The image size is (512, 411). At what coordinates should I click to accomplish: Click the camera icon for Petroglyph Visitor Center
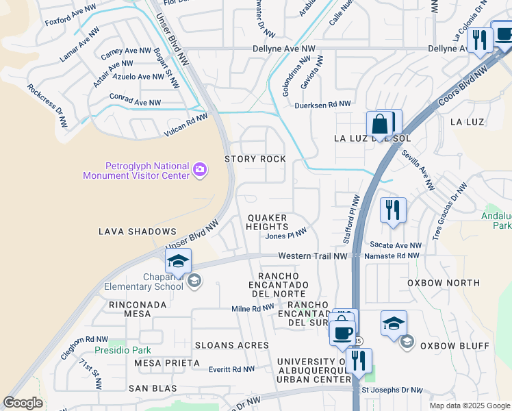199,169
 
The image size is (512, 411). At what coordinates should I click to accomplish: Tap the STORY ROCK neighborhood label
255,159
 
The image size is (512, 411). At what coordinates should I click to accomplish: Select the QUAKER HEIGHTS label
267,222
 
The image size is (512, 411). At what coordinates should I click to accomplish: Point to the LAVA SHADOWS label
137,232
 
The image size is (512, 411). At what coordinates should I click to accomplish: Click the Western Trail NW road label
313,256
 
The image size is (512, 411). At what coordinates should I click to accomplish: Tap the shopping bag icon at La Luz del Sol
379,125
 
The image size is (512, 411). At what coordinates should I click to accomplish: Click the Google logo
23,403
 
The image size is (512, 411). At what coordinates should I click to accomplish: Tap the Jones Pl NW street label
285,236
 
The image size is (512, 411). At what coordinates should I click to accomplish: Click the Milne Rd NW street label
253,309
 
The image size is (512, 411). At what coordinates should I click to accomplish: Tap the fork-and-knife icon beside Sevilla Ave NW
393,212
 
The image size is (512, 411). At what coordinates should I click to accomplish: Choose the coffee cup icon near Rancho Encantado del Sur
342,333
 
